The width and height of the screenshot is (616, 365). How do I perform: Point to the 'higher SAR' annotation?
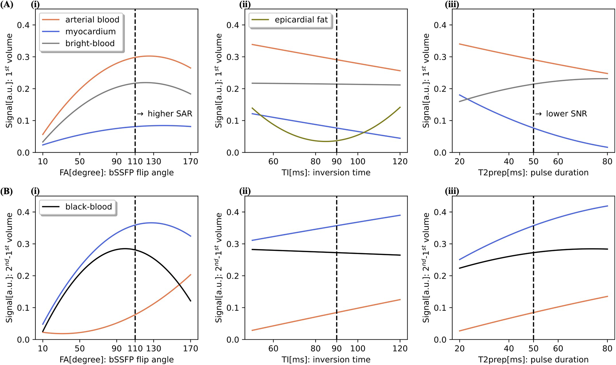[165, 114]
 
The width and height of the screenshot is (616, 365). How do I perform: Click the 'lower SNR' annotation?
[561, 114]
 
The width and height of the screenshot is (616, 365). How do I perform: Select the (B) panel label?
[7, 192]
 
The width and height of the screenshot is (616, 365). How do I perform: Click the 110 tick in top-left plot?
[135, 161]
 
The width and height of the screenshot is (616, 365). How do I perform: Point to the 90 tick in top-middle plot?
[336, 161]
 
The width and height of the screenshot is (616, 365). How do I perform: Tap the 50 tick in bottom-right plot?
[533, 349]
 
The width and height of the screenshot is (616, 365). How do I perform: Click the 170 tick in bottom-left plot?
[190, 349]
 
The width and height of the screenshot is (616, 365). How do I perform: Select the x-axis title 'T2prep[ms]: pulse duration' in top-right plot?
[533, 173]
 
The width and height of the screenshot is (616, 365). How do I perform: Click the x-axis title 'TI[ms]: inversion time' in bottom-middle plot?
[326, 360]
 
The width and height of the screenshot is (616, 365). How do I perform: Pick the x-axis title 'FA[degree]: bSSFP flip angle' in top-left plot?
[116, 173]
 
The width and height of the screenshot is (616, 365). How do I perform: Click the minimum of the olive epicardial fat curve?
[326, 141]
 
